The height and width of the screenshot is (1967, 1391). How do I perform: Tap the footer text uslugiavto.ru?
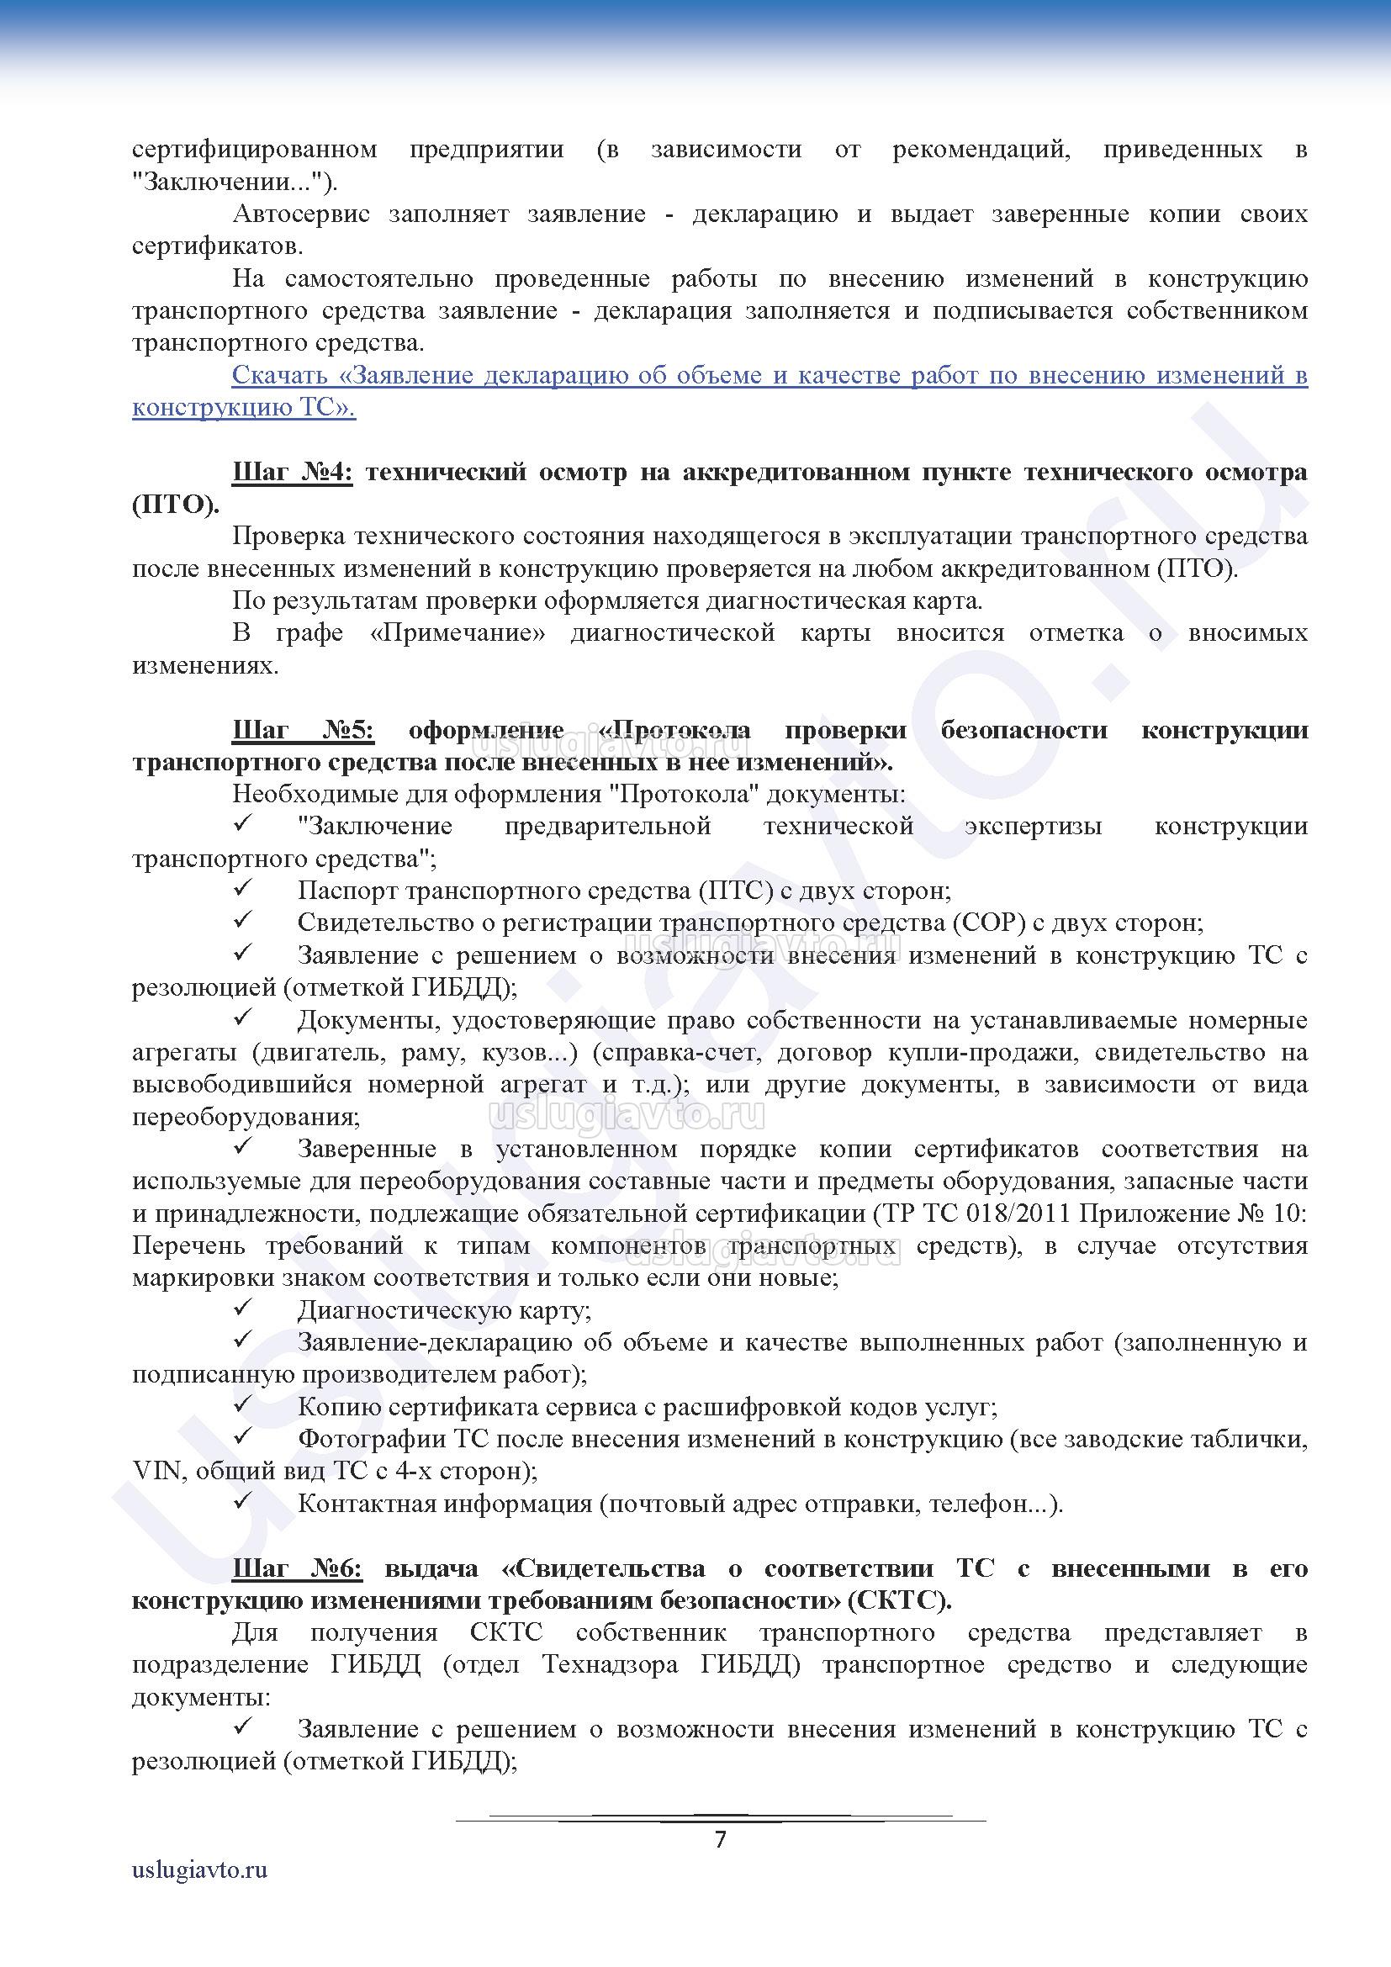199,1892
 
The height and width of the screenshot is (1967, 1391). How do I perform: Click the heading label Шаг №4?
292,472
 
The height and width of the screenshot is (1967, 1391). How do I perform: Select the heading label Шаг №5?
304,730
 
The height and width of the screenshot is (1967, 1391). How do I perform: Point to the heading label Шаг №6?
297,1568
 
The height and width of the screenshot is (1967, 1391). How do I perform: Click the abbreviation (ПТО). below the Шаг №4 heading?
176,505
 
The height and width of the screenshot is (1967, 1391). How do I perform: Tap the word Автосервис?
300,214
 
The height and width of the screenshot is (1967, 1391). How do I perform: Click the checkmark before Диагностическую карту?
241,1309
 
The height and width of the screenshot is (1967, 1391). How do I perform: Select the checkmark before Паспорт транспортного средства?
241,889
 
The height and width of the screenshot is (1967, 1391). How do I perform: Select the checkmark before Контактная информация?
241,1502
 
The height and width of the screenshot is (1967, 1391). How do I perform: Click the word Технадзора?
610,1664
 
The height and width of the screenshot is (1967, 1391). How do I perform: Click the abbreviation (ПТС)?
736,891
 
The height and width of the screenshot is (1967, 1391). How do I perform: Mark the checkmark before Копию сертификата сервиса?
241,1406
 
